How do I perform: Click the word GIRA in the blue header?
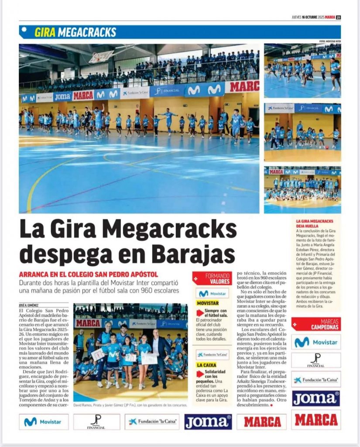[45, 32]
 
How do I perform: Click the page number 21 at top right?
[338, 17]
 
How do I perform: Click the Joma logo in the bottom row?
[208, 422]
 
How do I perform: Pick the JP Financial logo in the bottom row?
[96, 422]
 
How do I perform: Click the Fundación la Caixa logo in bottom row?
[152, 422]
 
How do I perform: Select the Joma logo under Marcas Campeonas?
[316, 398]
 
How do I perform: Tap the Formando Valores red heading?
[212, 279]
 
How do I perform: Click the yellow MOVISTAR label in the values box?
[208, 303]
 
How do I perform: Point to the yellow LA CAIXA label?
[206, 365]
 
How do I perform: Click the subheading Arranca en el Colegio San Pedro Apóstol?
[89, 275]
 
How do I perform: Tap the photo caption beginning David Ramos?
[130, 405]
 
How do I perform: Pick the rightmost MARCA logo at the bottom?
[316, 420]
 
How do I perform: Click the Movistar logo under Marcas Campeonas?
[316, 342]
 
